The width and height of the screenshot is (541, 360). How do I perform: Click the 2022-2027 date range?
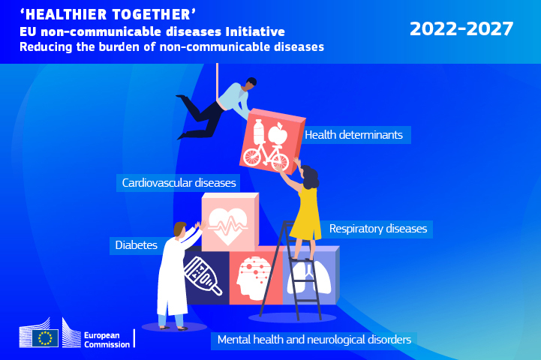coord(461,28)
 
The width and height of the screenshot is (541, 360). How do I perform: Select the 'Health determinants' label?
coord(353,135)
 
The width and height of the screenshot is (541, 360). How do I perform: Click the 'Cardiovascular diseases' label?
coord(179,183)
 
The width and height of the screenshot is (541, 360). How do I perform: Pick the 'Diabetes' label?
coord(136,245)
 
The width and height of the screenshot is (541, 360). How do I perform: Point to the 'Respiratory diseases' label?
coord(378,229)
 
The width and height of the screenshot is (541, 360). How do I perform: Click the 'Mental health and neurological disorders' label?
coord(314,340)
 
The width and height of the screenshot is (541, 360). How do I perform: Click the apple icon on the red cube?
coord(278,133)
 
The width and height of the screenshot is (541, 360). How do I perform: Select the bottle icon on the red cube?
coord(259,131)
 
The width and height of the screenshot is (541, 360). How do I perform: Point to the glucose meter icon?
coord(203,276)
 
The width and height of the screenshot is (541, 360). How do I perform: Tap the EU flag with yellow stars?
coord(45,338)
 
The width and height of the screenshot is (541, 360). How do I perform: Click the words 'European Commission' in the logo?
coord(107,340)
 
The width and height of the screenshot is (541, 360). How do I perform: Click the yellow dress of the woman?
coord(306,214)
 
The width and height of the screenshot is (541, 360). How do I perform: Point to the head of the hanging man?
coord(251,82)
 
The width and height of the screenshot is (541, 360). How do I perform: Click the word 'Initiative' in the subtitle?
coord(255,31)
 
